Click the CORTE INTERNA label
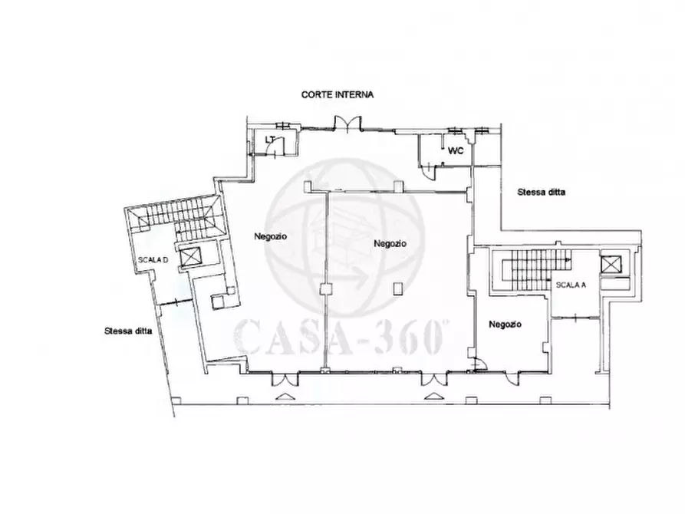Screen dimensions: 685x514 click(338, 94)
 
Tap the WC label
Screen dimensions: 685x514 click(456, 151)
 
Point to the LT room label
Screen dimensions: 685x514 click(270, 140)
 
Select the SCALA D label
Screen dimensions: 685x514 click(153, 260)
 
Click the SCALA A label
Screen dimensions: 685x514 click(571, 285)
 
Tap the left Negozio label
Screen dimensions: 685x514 click(271, 236)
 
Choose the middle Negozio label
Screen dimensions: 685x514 click(390, 243)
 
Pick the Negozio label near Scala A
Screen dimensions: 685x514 click(505, 325)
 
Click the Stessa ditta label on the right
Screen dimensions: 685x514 click(542, 192)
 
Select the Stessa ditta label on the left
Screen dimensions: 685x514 click(128, 331)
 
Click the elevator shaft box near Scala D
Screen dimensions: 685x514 click(190, 257)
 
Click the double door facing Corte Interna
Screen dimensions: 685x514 click(347, 124)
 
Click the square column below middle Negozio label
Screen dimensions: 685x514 click(397, 288)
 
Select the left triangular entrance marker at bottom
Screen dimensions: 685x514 click(285, 397)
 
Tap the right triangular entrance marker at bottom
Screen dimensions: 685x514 click(433, 396)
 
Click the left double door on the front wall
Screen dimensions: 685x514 click(285, 379)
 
